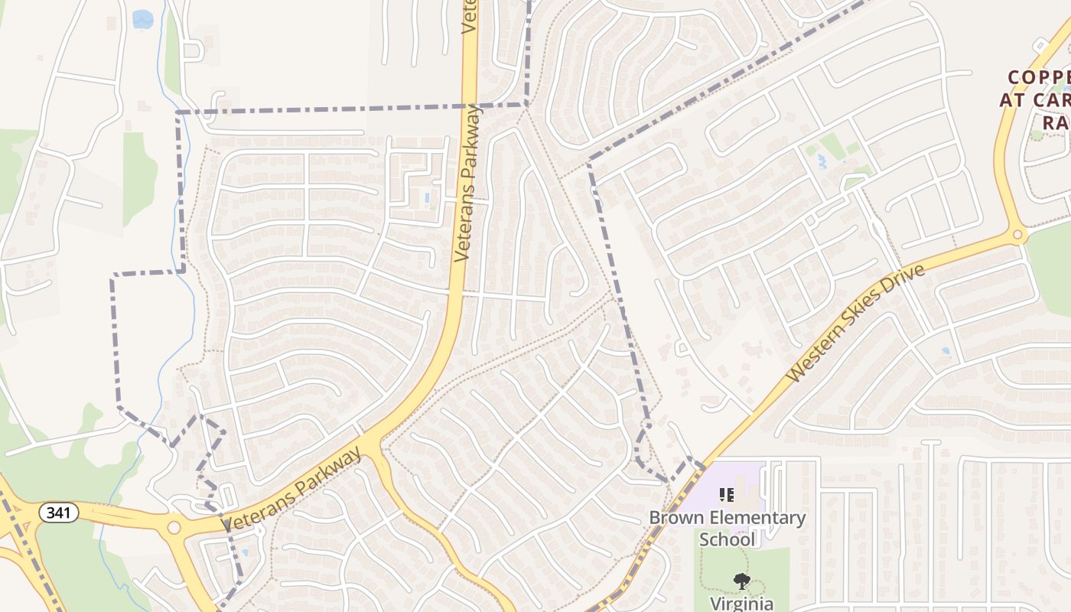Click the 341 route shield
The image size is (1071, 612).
coord(59,512)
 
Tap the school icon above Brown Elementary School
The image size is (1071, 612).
coord(727,495)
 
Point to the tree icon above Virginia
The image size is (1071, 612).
coord(741,582)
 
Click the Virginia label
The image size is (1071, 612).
coord(742,604)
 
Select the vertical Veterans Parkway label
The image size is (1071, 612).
coord(469,184)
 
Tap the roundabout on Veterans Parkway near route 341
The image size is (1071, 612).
coord(174,527)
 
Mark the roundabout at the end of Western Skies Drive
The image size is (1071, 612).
coord(1017,235)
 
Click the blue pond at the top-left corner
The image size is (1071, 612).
coord(142,19)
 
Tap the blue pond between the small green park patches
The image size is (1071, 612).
coord(822,161)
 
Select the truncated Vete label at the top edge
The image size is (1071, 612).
coord(469,17)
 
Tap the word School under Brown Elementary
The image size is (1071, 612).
coord(727,539)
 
